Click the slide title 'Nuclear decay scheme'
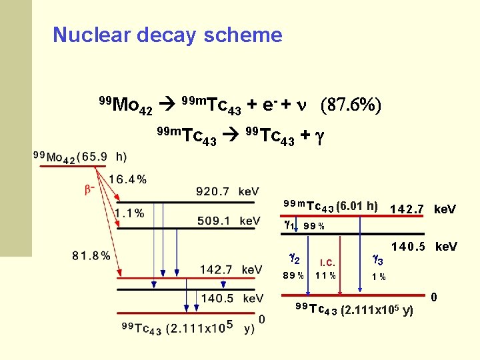167,35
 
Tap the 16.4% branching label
127,179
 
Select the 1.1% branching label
129,213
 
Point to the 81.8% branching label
91,255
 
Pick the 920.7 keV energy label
227,192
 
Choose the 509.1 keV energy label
227,221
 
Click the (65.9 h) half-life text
102,157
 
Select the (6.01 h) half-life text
357,206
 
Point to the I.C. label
327,262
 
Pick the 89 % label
293,275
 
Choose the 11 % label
325,275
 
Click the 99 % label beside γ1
313,226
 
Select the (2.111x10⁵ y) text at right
377,311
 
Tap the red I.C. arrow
341,264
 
